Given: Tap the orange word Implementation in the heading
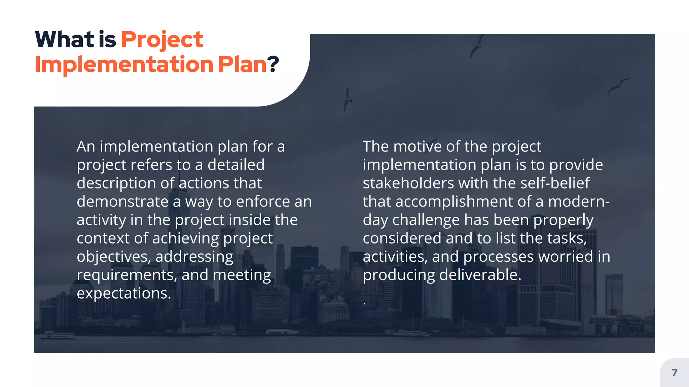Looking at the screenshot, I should pos(124,64).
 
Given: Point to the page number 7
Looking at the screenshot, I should pos(674,372).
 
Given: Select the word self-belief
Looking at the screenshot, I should pos(555,183).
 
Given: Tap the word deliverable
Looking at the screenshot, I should pos(480,275).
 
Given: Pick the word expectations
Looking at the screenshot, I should pos(124,293).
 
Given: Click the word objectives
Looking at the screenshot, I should pos(114,257).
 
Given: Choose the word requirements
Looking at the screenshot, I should pos(127,275).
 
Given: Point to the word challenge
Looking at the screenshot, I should pos(426,220).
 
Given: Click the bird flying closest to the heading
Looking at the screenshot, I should pos(347,99).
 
